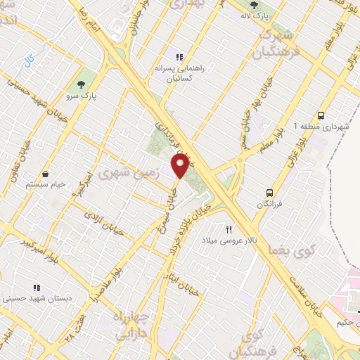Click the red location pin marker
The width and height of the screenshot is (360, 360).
(181, 165)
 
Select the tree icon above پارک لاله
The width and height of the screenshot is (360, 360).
(253, 5)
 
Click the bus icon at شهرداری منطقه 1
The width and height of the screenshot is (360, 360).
(321, 115)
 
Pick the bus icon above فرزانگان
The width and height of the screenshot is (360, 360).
(269, 192)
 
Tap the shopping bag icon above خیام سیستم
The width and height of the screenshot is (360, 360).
(46, 174)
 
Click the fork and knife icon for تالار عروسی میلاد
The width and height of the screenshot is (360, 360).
(229, 230)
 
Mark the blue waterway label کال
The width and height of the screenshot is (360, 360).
(30, 60)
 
